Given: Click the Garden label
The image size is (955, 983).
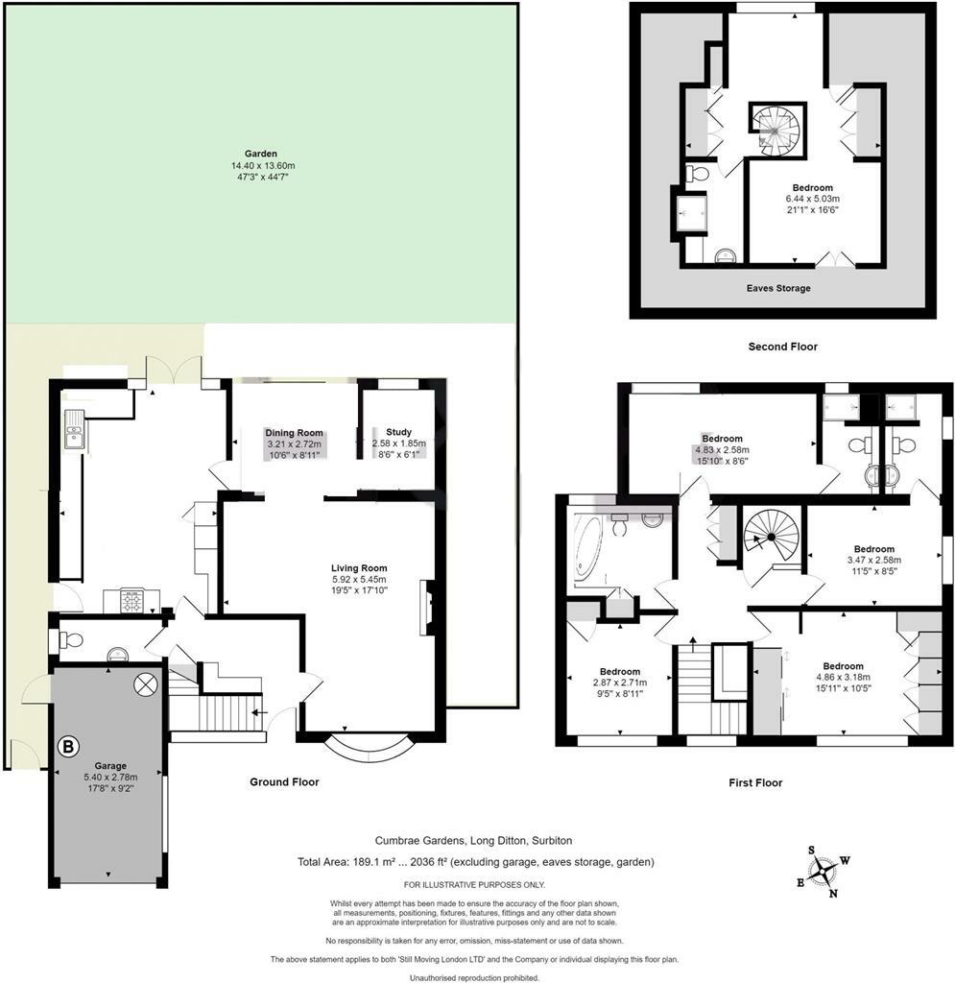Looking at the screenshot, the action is click(x=261, y=154).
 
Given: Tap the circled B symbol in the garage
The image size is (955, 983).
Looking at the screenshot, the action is click(x=68, y=746).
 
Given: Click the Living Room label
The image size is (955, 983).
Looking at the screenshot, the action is click(x=359, y=568).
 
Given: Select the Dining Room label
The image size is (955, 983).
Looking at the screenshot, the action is click(x=294, y=433).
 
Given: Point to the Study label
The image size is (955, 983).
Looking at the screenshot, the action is click(x=398, y=432).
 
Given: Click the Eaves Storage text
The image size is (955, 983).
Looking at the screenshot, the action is click(x=778, y=288).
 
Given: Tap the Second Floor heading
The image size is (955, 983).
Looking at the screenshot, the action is click(x=782, y=346).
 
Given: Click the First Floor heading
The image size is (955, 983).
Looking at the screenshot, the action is click(x=755, y=782).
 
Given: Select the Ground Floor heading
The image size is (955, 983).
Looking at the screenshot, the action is click(x=284, y=781).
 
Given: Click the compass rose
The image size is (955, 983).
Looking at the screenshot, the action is click(x=823, y=872).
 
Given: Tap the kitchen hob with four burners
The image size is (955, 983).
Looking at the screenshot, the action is click(x=131, y=601).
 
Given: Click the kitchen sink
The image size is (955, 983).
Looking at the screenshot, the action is click(x=75, y=428).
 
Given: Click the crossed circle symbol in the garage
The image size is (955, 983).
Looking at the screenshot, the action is click(x=145, y=683).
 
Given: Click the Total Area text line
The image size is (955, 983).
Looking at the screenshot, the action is click(x=476, y=862).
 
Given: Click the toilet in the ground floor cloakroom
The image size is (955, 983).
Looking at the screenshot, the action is click(x=72, y=639).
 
